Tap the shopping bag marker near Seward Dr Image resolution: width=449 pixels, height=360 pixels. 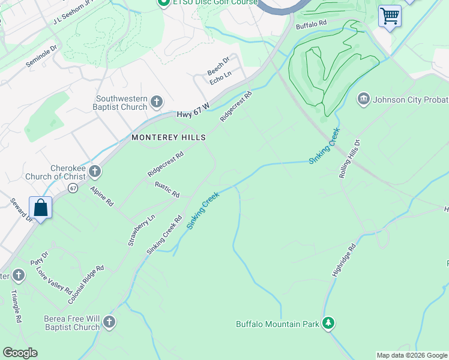(41, 208)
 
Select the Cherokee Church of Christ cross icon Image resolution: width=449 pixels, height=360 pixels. (94, 172)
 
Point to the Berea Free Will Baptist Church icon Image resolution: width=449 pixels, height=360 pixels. (109, 322)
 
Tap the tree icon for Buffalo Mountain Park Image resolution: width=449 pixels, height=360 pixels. (328, 324)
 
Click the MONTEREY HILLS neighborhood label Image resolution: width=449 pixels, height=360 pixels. (169, 137)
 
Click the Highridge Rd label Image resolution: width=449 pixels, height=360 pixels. (343, 260)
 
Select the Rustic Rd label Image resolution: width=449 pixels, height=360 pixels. (167, 190)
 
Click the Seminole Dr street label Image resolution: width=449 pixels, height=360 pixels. (41, 55)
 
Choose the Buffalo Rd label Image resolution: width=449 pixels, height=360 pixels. (310, 24)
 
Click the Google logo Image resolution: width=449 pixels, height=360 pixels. (20, 353)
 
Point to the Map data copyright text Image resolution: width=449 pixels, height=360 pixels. (411, 355)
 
